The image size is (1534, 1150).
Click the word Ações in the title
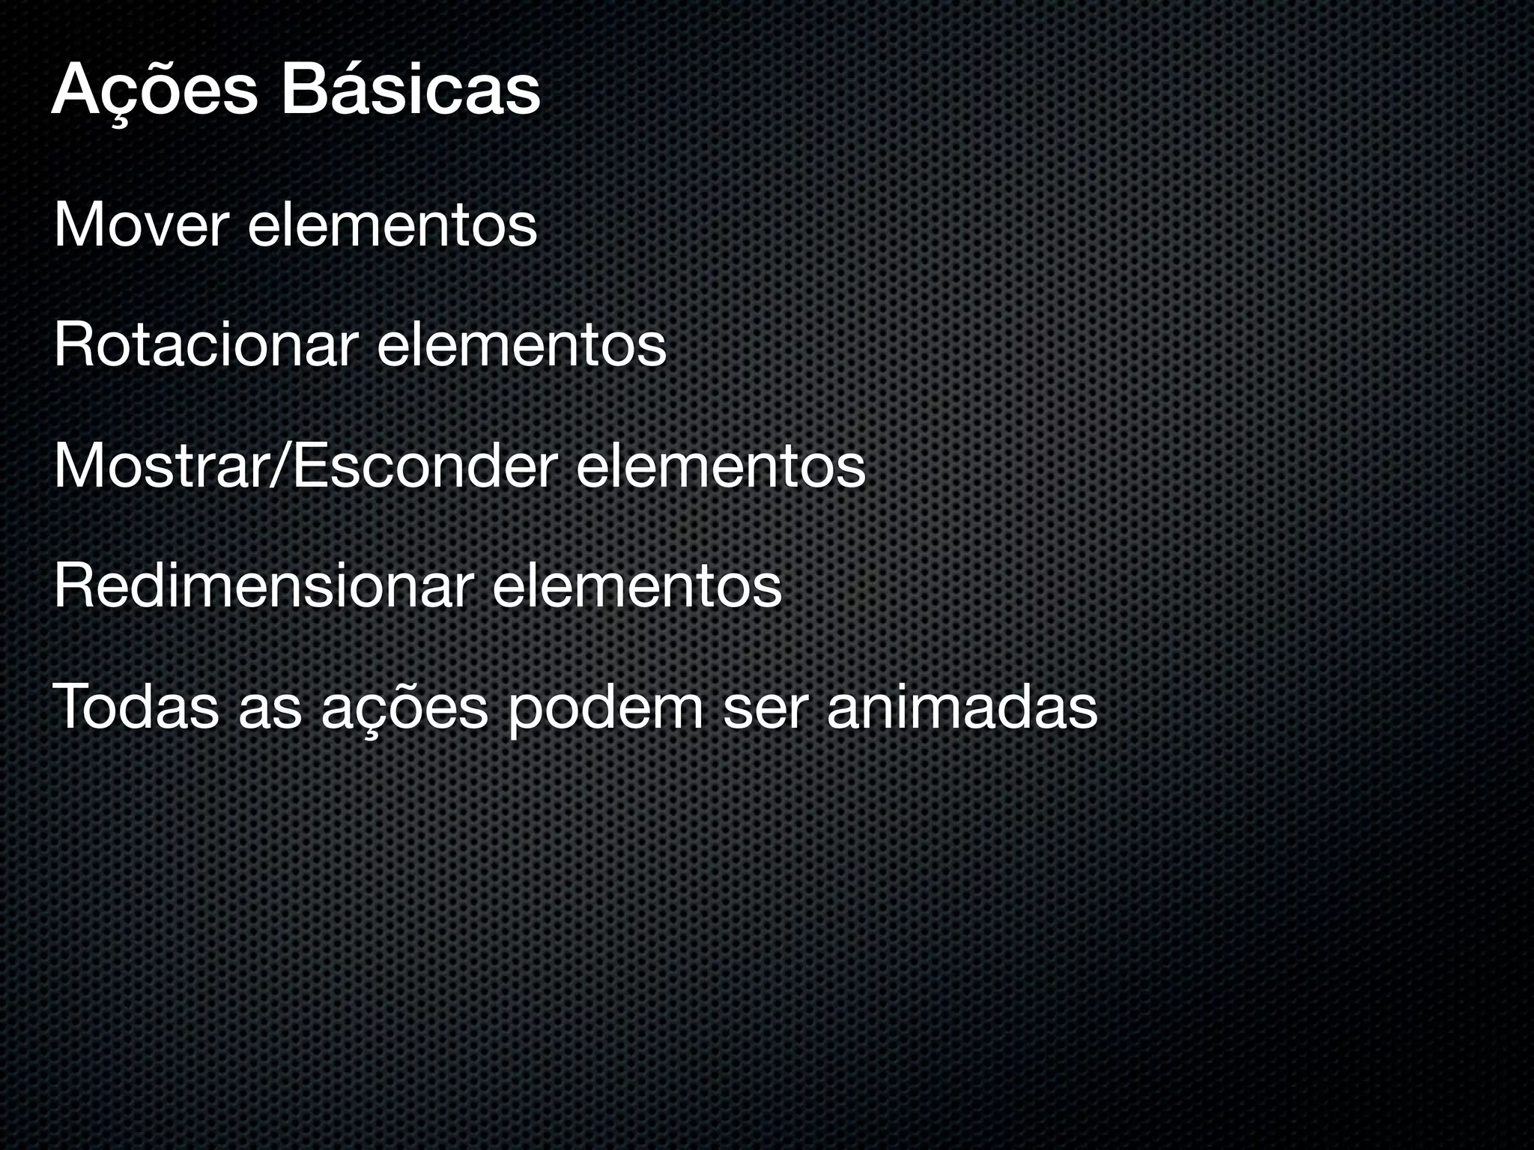click(x=154, y=92)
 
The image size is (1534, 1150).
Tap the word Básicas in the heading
click(x=410, y=91)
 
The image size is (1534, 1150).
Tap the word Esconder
click(x=423, y=466)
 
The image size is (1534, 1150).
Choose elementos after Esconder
click(x=721, y=466)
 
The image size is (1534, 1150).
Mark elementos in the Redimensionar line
click(x=637, y=587)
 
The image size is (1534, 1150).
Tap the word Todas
click(x=136, y=707)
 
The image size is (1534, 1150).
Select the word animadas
click(x=962, y=707)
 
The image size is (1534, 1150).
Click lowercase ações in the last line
click(x=404, y=708)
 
